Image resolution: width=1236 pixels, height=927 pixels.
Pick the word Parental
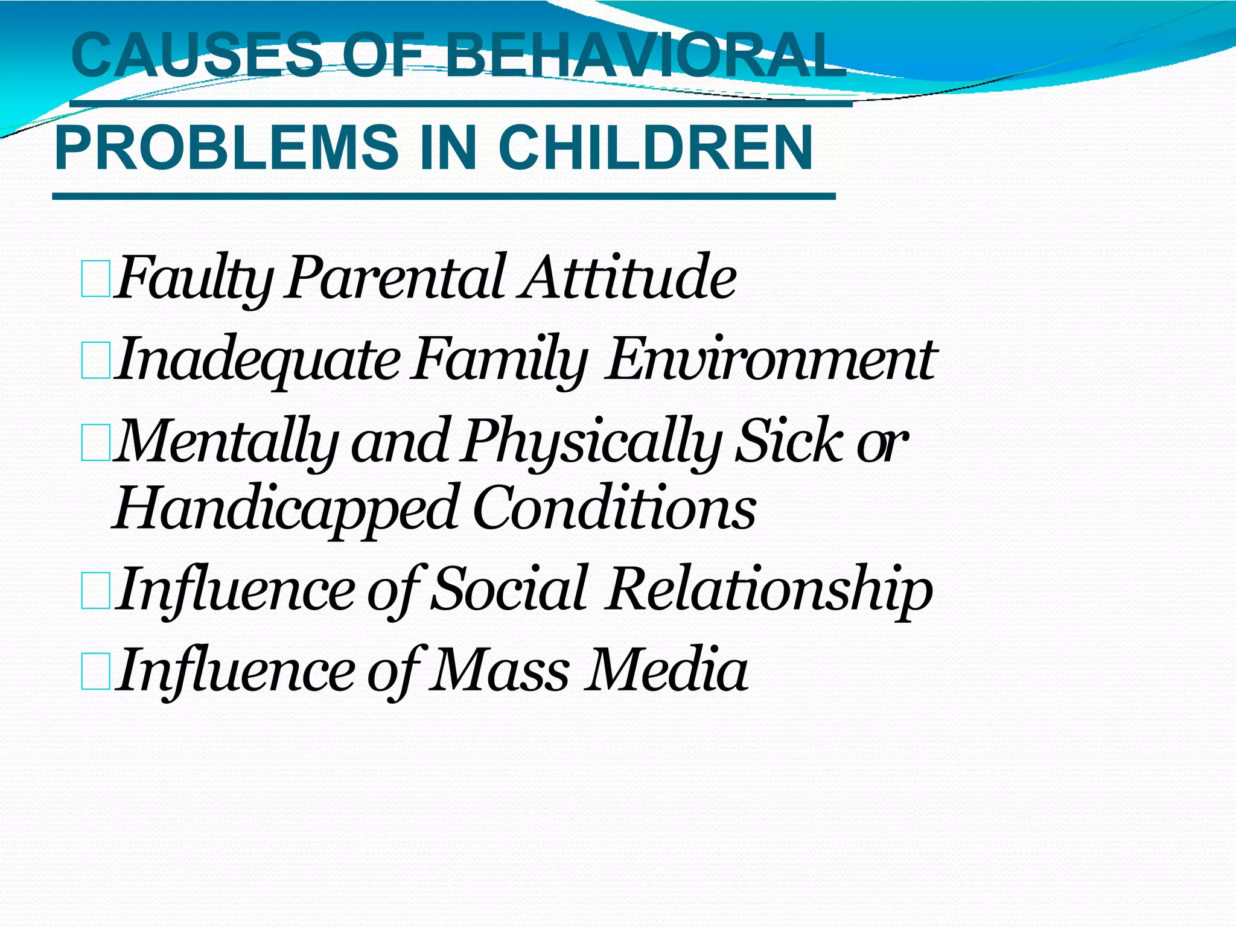(x=395, y=278)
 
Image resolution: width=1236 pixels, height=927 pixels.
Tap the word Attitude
(x=628, y=278)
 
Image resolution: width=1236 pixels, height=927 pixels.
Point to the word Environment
(x=769, y=360)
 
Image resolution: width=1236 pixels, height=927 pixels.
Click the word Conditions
(x=614, y=508)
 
